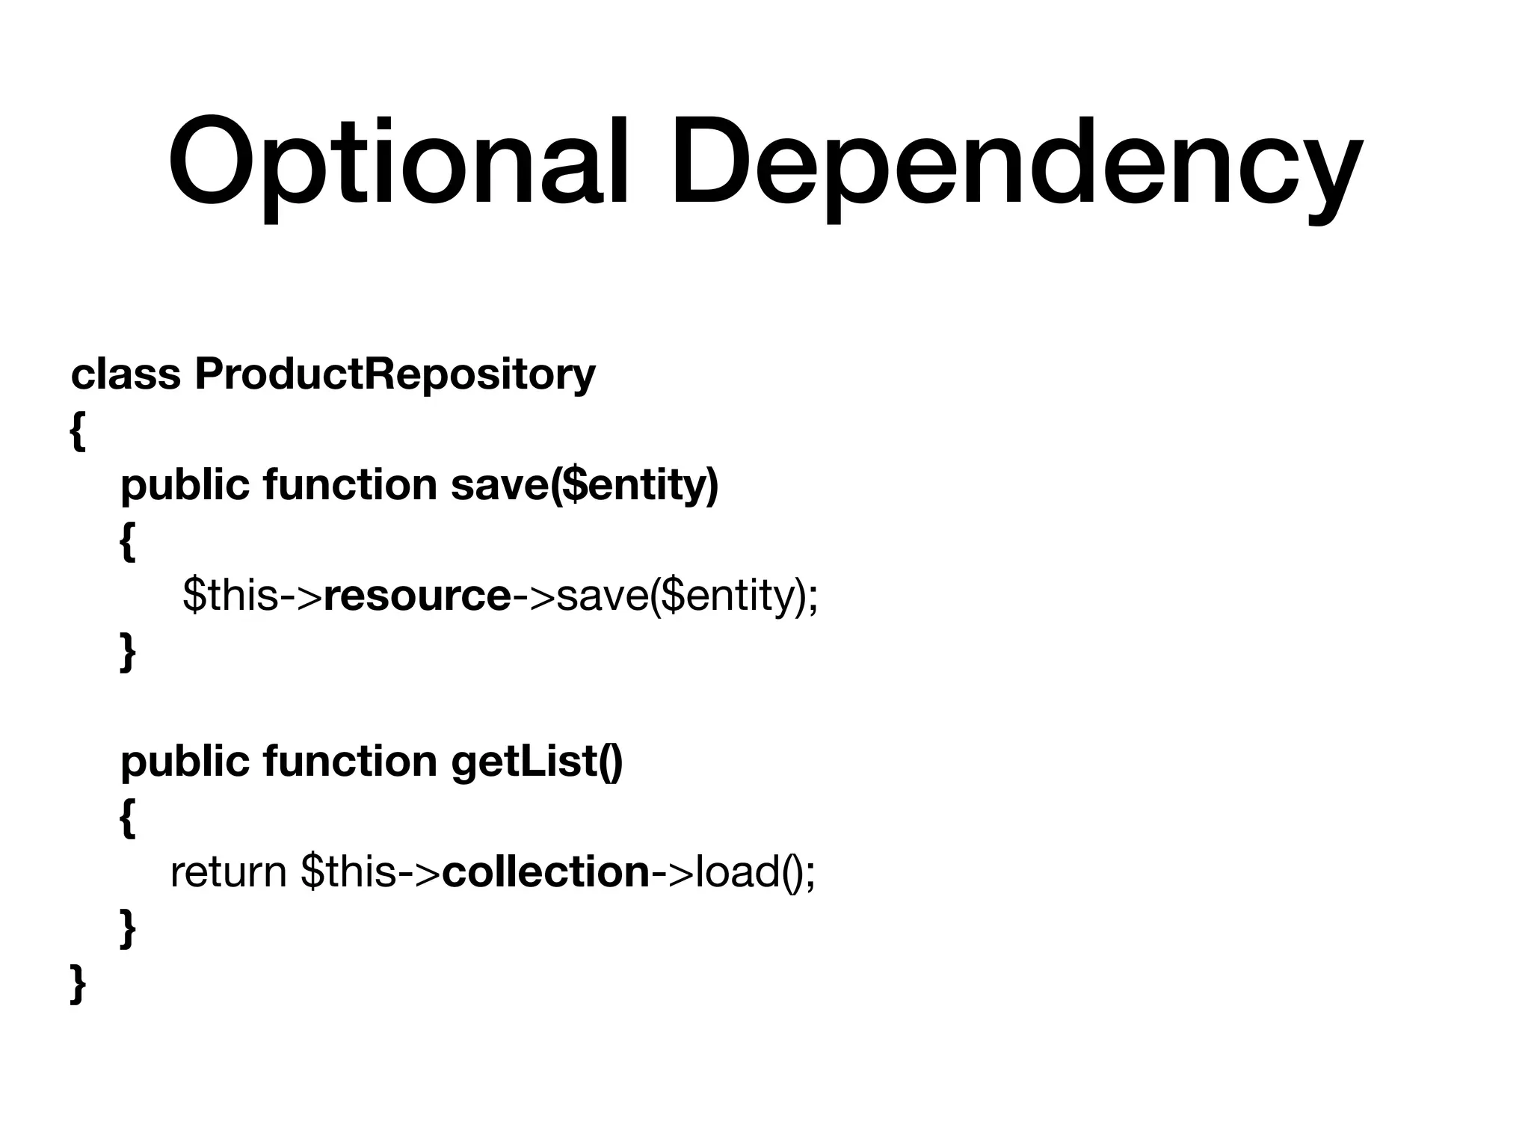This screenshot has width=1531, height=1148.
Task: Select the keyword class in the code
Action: (x=126, y=374)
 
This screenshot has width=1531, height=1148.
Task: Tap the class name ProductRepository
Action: (x=395, y=375)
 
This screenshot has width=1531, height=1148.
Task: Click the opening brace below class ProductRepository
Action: (x=77, y=432)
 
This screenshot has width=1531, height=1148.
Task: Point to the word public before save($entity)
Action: (x=185, y=486)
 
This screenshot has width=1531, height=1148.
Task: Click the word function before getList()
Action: (x=349, y=762)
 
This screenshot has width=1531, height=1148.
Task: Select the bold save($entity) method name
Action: (x=585, y=486)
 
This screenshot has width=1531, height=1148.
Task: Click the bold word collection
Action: (x=546, y=872)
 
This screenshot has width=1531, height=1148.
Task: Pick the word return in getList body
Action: (x=228, y=872)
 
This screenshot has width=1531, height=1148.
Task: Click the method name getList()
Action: (x=537, y=762)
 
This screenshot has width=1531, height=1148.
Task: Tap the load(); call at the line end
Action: (x=755, y=872)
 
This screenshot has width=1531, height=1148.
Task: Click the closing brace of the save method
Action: (x=128, y=652)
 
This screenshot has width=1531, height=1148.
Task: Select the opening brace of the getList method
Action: (x=128, y=818)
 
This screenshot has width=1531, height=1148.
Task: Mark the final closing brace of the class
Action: (x=77, y=984)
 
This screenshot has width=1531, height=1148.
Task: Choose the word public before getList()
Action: (x=185, y=762)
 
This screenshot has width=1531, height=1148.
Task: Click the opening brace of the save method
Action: (x=128, y=542)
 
